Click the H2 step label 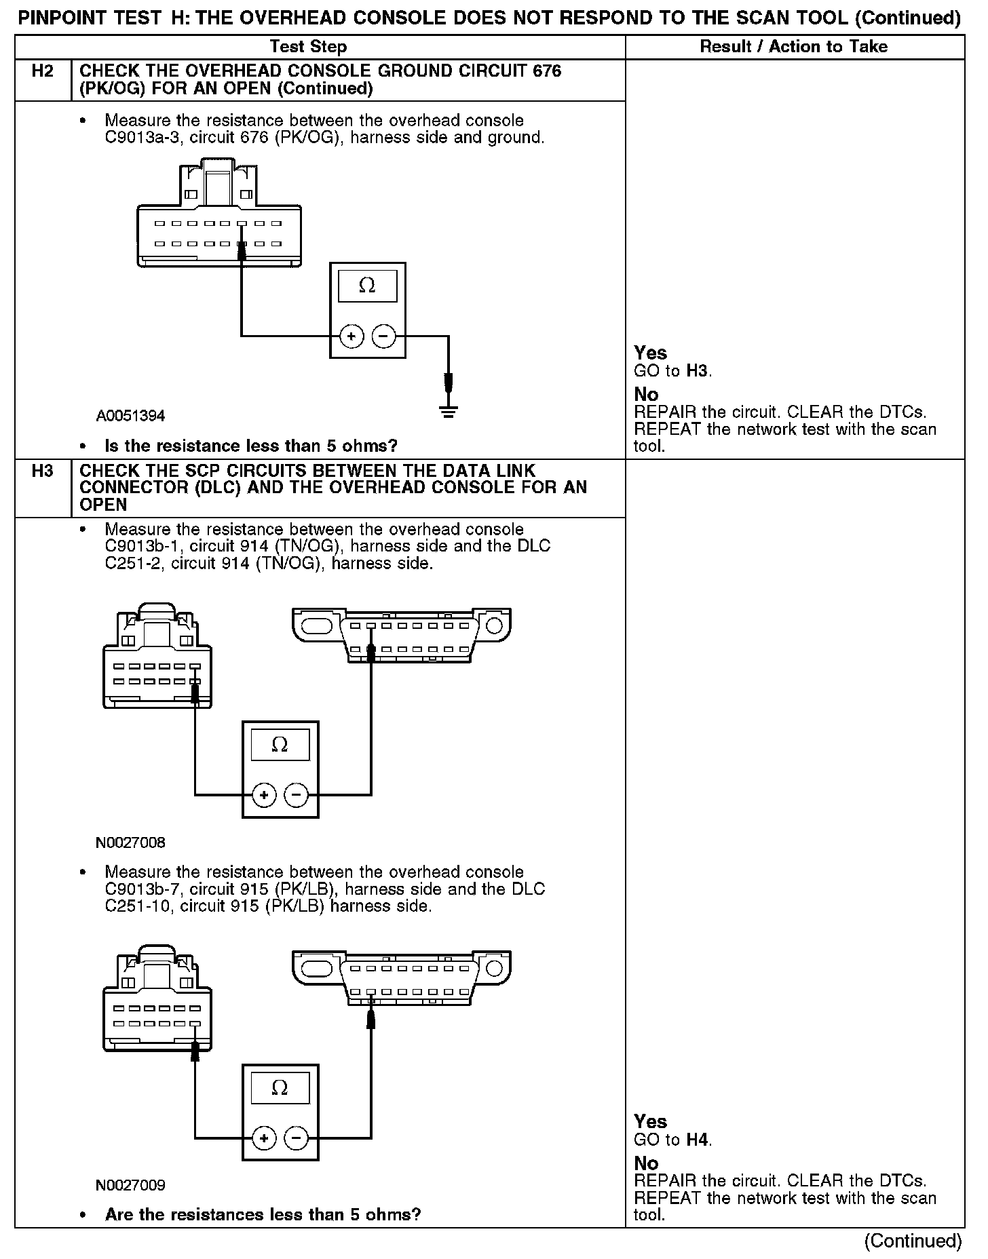point(42,71)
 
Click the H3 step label point(42,471)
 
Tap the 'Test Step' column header point(308,47)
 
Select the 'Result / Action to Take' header point(793,47)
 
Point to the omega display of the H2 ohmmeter point(367,286)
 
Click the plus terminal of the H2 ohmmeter point(351,336)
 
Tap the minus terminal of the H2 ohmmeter point(383,336)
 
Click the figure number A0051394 point(130,416)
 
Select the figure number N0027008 point(130,843)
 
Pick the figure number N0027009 point(130,1186)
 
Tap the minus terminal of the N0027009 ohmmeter point(296,1137)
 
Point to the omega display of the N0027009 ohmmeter point(280,1089)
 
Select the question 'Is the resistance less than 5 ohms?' point(251,446)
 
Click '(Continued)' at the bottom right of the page point(913,1241)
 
